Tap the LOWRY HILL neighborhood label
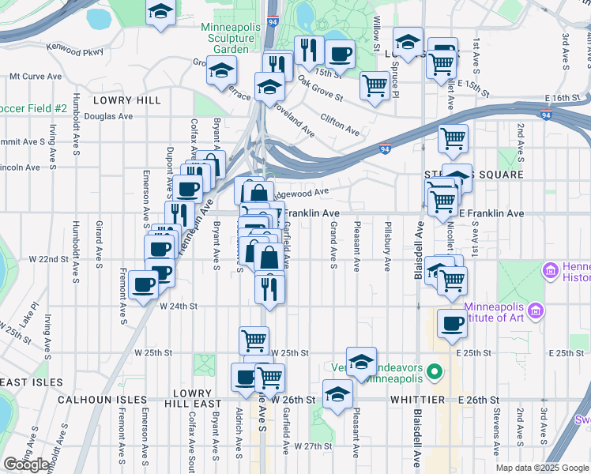[x=126, y=100]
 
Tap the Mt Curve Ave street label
[x=35, y=77]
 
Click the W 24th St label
[x=178, y=305]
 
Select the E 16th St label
[x=563, y=98]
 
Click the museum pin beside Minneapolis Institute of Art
[x=537, y=310]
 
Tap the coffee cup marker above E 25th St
[x=452, y=323]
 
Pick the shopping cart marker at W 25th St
[x=254, y=340]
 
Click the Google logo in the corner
[x=27, y=465]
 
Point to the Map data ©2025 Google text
[x=541, y=468]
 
